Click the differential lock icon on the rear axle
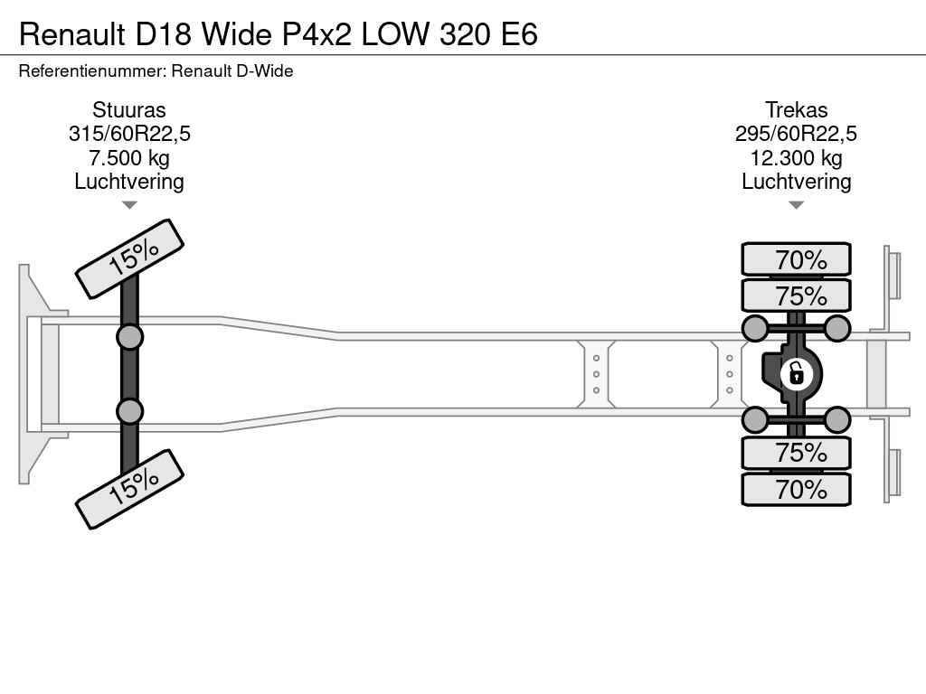(796, 374)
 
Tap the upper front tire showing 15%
(130, 258)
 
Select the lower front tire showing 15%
(130, 489)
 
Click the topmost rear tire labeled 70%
(796, 259)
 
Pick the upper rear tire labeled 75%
(796, 295)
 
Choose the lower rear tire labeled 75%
(796, 453)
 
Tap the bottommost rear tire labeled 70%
(796, 489)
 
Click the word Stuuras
(129, 109)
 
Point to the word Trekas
(796, 109)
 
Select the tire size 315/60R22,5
(129, 134)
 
